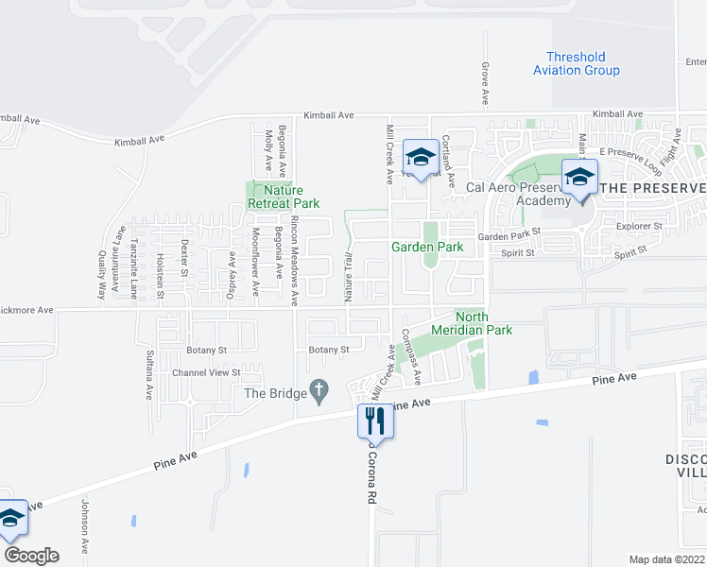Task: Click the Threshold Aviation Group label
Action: pos(576,63)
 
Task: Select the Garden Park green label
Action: pos(427,247)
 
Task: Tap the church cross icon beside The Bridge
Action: pos(319,390)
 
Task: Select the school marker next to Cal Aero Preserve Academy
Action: pos(579,177)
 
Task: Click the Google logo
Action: pos(30,556)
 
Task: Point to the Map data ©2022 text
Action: pos(667,559)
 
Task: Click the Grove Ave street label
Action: pos(484,84)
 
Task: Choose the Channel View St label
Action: pos(207,372)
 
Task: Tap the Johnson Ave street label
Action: pos(83,526)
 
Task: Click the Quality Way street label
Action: pos(101,275)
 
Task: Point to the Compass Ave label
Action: pos(410,356)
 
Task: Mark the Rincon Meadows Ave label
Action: pos(295,260)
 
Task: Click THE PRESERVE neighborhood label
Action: pos(653,188)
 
